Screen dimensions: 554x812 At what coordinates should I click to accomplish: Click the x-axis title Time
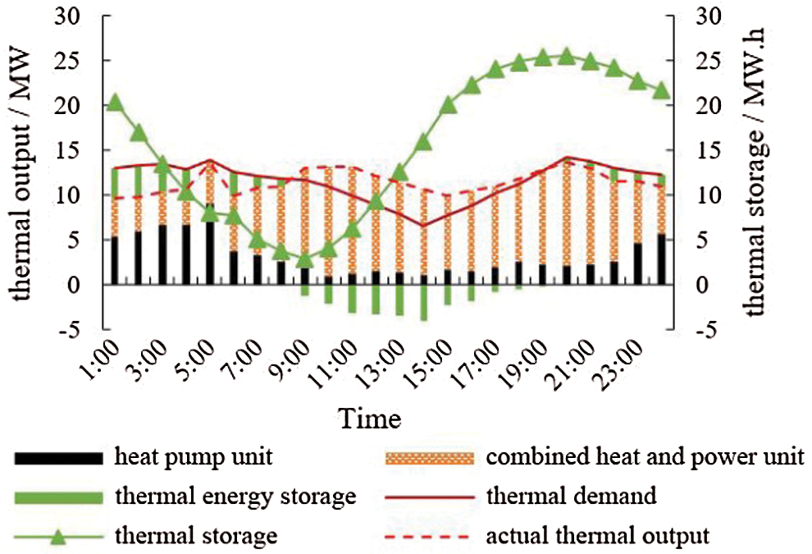pos(371,419)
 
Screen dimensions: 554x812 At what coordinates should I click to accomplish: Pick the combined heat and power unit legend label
pos(645,455)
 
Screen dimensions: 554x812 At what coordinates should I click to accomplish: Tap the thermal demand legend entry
pos(571,496)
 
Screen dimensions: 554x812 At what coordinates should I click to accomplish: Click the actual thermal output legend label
pos(596,537)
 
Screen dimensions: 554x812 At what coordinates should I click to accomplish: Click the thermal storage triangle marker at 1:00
pos(115,103)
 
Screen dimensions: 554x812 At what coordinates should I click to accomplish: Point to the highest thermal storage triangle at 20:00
pos(566,56)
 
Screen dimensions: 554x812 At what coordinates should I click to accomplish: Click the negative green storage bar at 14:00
pos(423,303)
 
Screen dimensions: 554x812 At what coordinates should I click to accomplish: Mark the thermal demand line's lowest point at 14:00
pos(423,226)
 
